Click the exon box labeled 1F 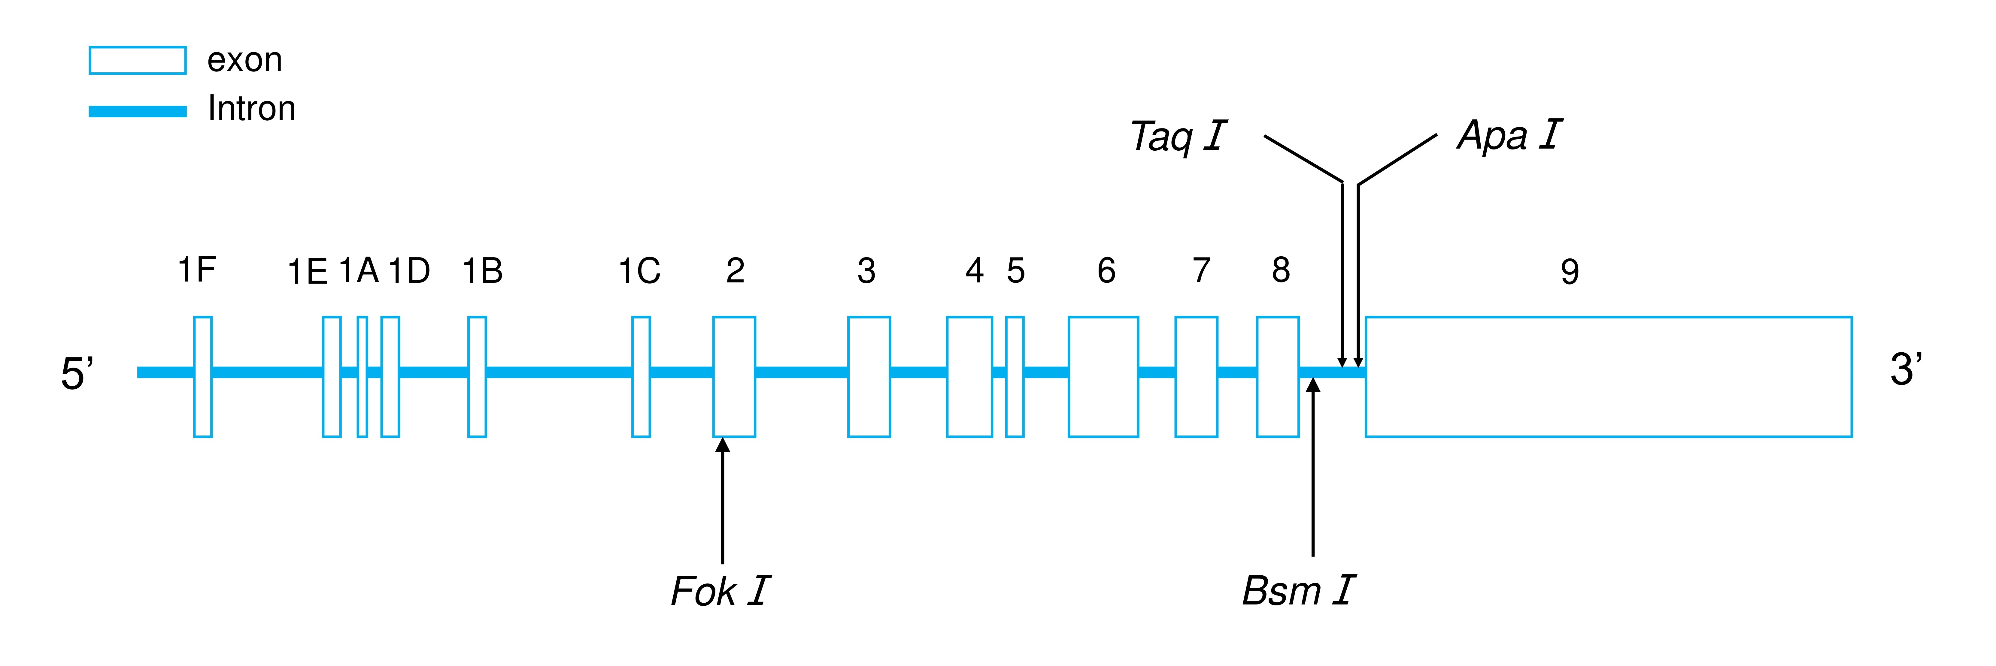[203, 377]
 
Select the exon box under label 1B [477, 377]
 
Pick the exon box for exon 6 [1103, 377]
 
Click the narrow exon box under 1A [362, 377]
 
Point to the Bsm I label [1299, 591]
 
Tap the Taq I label [1178, 137]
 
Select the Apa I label [1509, 136]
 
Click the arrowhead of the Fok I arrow [723, 445]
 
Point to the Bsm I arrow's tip [1312, 384]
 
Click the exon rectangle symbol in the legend [138, 60]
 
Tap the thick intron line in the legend [138, 112]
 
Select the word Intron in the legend [252, 108]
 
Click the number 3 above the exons [866, 271]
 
